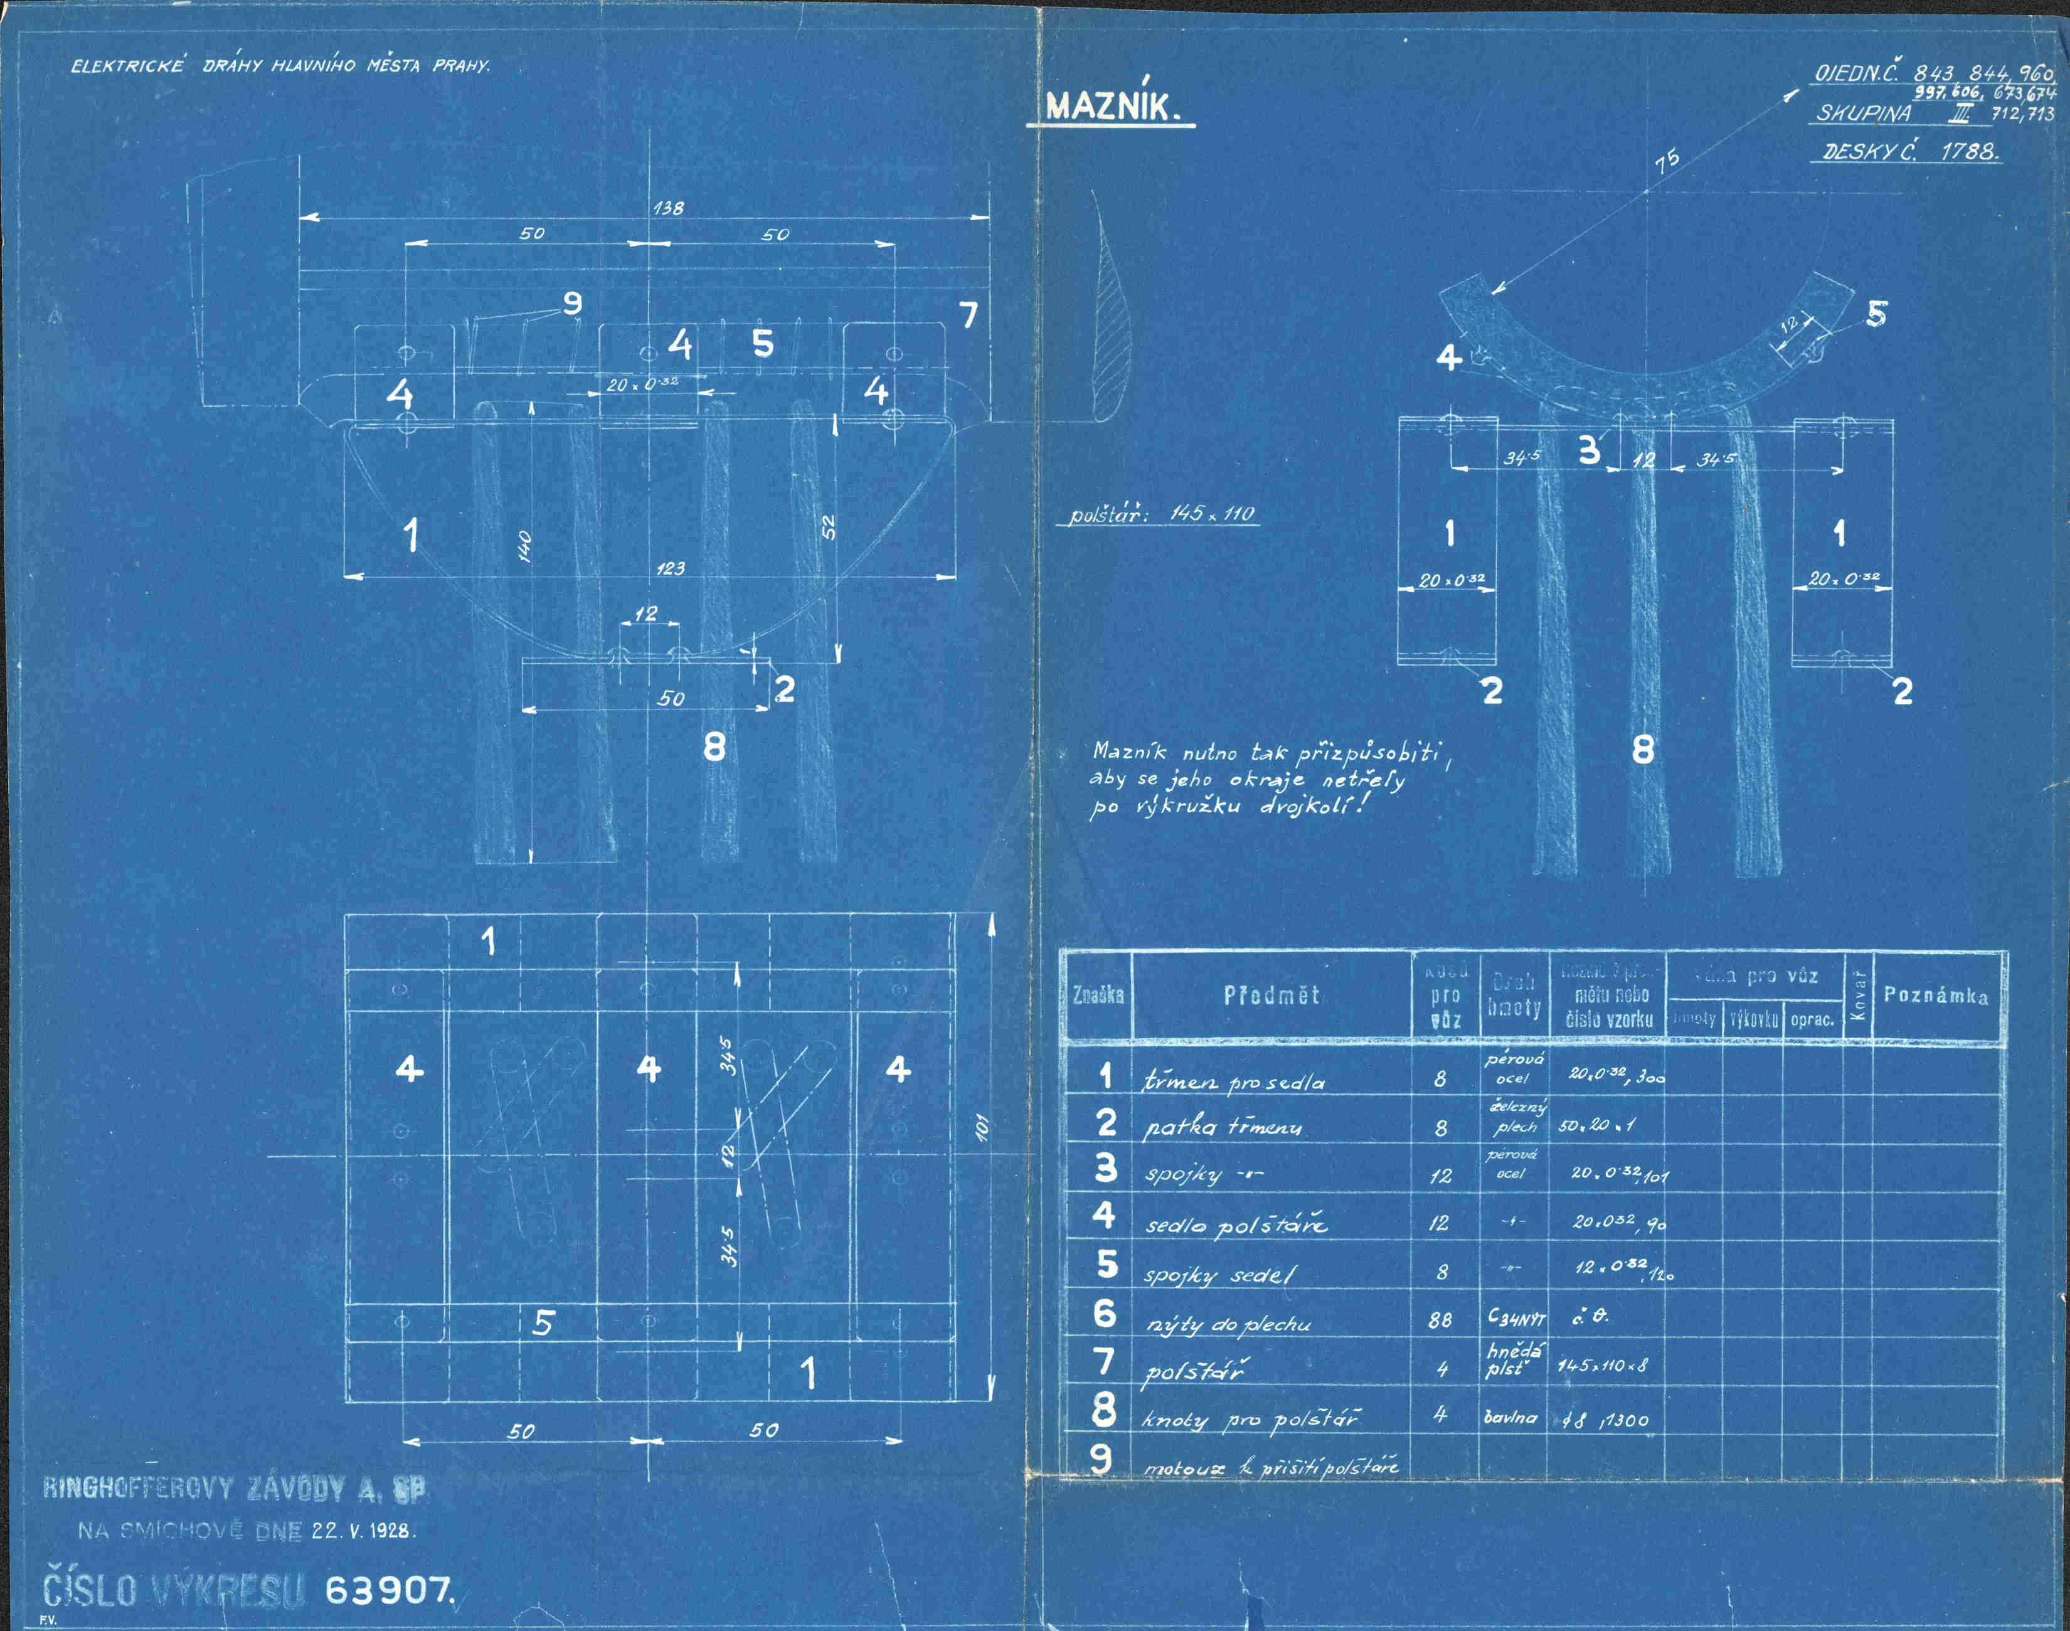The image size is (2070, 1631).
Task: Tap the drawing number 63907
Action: click(x=390, y=1590)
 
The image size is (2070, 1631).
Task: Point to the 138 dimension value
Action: click(x=668, y=207)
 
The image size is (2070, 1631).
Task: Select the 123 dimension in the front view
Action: click(x=671, y=568)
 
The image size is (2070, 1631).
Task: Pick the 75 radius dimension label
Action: click(x=1667, y=161)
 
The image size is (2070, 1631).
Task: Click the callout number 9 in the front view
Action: click(x=572, y=303)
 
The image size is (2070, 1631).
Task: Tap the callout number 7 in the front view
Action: click(x=968, y=314)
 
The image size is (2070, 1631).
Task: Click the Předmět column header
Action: click(x=1271, y=995)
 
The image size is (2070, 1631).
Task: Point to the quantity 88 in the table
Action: click(x=1440, y=1320)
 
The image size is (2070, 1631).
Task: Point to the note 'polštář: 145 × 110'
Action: click(x=1162, y=514)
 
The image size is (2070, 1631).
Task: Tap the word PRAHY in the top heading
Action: click(x=461, y=66)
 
